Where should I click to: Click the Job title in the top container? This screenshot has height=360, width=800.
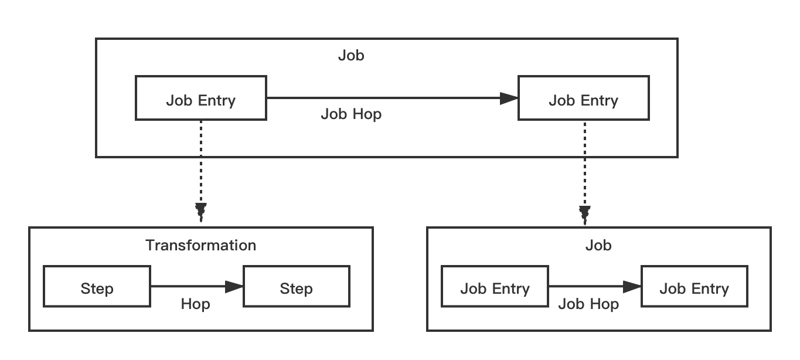[351, 56]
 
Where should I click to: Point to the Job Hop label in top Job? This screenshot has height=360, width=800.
[351, 114]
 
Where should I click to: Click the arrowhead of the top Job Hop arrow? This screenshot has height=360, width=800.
[509, 99]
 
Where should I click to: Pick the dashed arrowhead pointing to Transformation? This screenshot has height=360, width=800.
[200, 212]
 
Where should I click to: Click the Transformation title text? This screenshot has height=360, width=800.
[200, 245]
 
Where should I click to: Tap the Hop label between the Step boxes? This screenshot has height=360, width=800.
[195, 304]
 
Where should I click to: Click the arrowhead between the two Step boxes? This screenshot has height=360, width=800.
[234, 287]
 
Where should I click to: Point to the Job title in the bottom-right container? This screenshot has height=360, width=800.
[598, 245]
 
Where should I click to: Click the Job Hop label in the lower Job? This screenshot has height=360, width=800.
[588, 304]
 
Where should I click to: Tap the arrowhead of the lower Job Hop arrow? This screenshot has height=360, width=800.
[632, 287]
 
